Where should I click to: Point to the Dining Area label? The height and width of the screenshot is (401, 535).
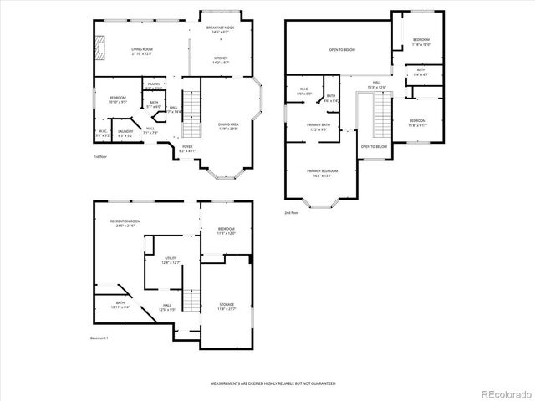pyautogui.click(x=228, y=125)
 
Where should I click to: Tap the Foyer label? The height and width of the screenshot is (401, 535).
pyautogui.click(x=186, y=149)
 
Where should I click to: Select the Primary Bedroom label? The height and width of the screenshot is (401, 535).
pyautogui.click(x=321, y=173)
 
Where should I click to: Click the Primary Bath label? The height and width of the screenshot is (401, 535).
pyautogui.click(x=318, y=127)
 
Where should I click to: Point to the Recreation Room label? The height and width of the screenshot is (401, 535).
pyautogui.click(x=125, y=223)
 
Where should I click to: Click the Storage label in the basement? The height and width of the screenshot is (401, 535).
pyautogui.click(x=227, y=306)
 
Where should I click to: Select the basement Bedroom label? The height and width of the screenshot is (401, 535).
pyautogui.click(x=227, y=231)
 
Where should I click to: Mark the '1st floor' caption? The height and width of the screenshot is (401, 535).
pyautogui.click(x=100, y=156)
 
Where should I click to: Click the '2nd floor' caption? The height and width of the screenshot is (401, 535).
pyautogui.click(x=293, y=213)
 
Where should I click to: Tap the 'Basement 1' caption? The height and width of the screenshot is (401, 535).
pyautogui.click(x=99, y=338)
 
